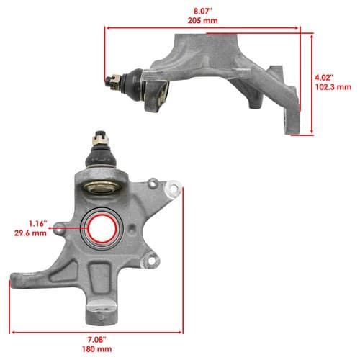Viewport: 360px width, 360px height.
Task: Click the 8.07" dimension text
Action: [203, 11]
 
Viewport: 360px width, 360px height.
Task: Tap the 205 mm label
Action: [203, 20]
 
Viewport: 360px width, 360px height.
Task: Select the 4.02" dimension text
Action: [324, 78]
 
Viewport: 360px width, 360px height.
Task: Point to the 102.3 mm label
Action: [333, 87]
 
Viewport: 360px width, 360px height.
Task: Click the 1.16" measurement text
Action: [38, 224]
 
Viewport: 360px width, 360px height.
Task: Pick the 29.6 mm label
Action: [30, 233]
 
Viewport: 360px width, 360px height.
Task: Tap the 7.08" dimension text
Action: [96, 340]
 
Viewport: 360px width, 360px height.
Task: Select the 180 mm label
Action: [96, 349]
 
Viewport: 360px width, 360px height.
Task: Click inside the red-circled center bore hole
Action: [102, 229]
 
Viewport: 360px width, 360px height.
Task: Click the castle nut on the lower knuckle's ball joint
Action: [101, 138]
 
